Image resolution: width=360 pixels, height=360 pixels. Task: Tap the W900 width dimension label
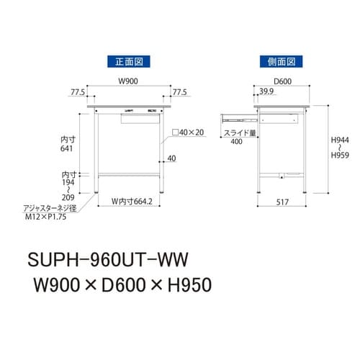pos(128,81)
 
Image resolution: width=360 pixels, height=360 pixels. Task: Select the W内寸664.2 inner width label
pos(130,201)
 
